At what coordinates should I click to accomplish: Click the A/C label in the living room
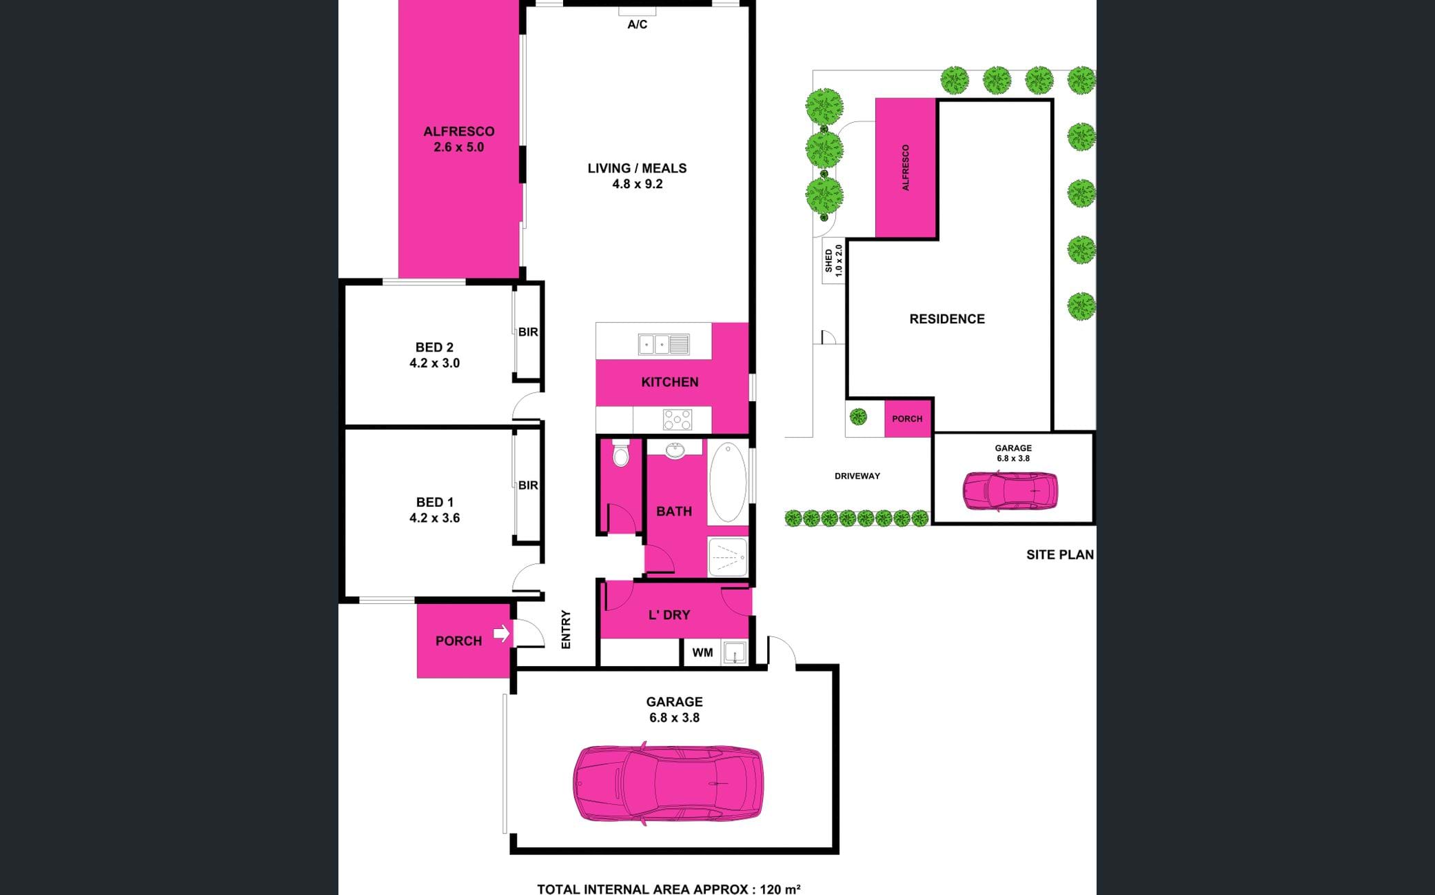pos(637,25)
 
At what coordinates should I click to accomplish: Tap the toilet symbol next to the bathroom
pos(621,453)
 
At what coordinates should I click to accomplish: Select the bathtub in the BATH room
pos(728,482)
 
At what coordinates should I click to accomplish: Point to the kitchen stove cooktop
pos(677,419)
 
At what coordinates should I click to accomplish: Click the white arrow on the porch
pos(502,633)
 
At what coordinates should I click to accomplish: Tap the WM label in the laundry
pos(702,652)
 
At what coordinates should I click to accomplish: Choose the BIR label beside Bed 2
pos(528,332)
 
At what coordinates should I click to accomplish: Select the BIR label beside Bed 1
pos(528,485)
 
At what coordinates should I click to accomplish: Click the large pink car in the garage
pos(668,783)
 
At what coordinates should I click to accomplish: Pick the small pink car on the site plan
pos(1010,490)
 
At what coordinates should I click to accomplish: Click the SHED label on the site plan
pos(828,260)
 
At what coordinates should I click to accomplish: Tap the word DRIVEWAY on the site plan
pos(857,476)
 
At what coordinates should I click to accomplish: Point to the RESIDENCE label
pos(947,319)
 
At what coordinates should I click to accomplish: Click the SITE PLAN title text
pos(1059,554)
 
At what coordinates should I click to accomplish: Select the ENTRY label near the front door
pos(566,629)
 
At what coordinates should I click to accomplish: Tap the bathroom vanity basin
pos(675,451)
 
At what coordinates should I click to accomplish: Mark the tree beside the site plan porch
pos(858,416)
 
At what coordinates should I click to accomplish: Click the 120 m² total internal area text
pos(780,889)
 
